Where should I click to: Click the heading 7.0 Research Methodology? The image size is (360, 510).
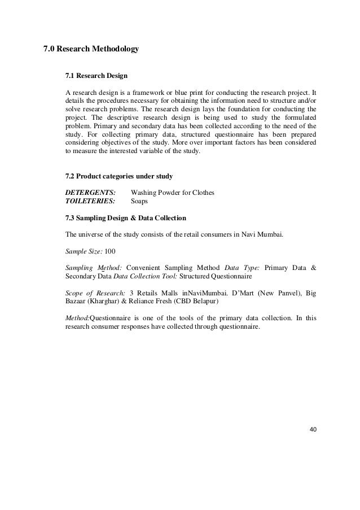click(91, 50)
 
